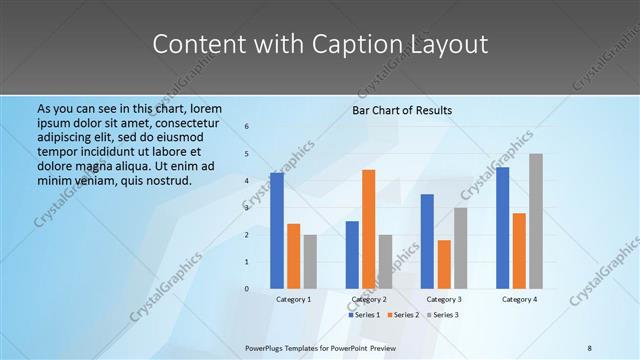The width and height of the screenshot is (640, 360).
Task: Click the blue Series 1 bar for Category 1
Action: coord(277,231)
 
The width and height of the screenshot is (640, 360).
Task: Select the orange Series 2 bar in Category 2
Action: coord(369,229)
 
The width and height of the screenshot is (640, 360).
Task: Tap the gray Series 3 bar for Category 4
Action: coord(536,221)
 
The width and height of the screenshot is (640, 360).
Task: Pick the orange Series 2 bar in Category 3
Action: coord(444,264)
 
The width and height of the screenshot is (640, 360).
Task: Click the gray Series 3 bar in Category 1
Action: coord(310,262)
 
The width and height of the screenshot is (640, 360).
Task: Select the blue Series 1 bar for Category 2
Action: coord(352,255)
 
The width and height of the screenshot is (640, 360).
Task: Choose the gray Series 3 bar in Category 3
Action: coord(461,248)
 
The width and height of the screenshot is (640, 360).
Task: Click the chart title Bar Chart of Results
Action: coord(402,110)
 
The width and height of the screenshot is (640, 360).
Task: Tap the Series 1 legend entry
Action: coord(365,315)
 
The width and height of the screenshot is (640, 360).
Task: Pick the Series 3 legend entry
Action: coord(443,315)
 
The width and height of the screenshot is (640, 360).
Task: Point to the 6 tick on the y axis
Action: coord(246,127)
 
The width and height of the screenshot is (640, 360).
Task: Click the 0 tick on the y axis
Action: coord(246,289)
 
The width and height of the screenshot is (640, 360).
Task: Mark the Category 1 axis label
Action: coord(294,299)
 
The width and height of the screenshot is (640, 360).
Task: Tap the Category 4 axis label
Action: coord(519,299)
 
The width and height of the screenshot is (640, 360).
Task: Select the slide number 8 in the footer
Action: coord(590,347)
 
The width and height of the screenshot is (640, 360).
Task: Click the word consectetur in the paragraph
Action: coord(185,122)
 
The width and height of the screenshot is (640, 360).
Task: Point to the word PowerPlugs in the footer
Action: coord(267,347)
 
